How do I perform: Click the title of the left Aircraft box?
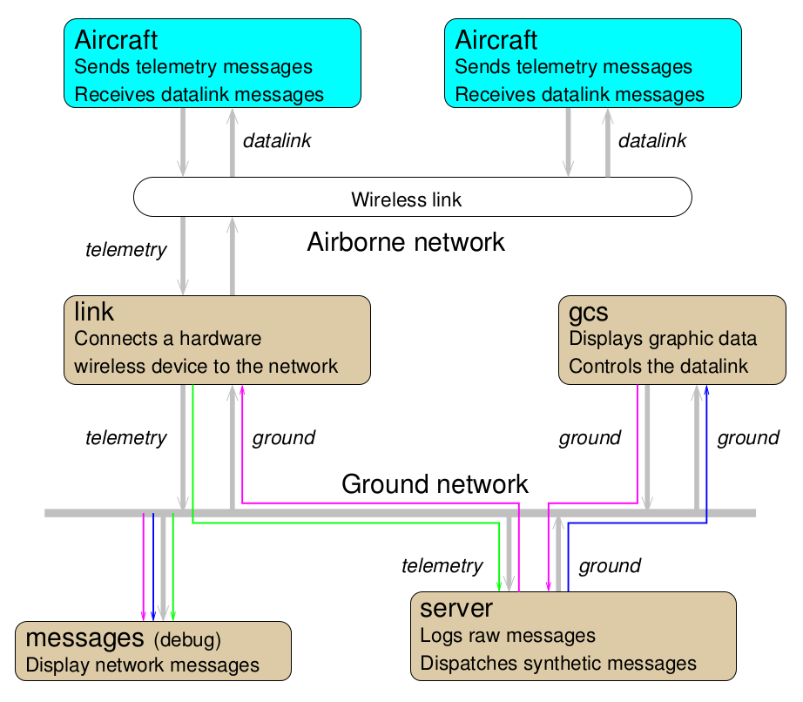(x=116, y=40)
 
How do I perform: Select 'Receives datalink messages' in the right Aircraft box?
(x=579, y=94)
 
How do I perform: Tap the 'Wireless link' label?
(x=406, y=199)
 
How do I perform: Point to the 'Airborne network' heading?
(x=406, y=242)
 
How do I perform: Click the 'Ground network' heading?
(x=435, y=484)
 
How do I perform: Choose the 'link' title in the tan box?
(x=94, y=311)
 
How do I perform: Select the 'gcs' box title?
(x=588, y=312)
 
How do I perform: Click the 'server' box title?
(x=456, y=608)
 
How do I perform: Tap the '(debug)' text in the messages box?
(x=187, y=640)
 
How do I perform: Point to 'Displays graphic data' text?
(x=663, y=339)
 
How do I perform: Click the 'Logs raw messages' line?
(x=508, y=636)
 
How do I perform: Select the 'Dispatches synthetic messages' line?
(x=558, y=664)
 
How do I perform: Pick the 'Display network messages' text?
(x=143, y=665)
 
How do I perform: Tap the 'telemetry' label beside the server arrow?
(x=442, y=566)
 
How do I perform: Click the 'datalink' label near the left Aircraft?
(x=276, y=141)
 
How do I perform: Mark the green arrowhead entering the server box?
(x=499, y=585)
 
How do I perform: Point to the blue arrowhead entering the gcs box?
(x=706, y=389)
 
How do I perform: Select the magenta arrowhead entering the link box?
(x=241, y=389)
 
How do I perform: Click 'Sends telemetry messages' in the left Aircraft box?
(x=193, y=67)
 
